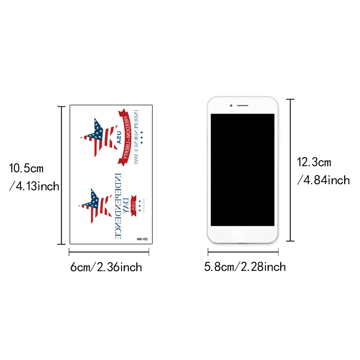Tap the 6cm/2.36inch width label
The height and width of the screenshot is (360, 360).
click(106, 267)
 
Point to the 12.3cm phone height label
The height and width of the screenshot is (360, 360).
click(314, 162)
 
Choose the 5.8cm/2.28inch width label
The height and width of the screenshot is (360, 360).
click(245, 267)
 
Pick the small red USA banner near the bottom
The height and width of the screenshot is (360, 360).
click(134, 207)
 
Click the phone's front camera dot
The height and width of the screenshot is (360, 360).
click(231, 106)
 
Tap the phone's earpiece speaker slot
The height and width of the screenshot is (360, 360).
click(243, 106)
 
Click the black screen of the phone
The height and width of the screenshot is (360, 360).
click(242, 170)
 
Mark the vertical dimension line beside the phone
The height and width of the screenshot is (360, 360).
click(291, 170)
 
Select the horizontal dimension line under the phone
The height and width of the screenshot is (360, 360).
click(243, 252)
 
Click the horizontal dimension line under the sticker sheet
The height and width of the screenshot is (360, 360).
click(109, 252)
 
